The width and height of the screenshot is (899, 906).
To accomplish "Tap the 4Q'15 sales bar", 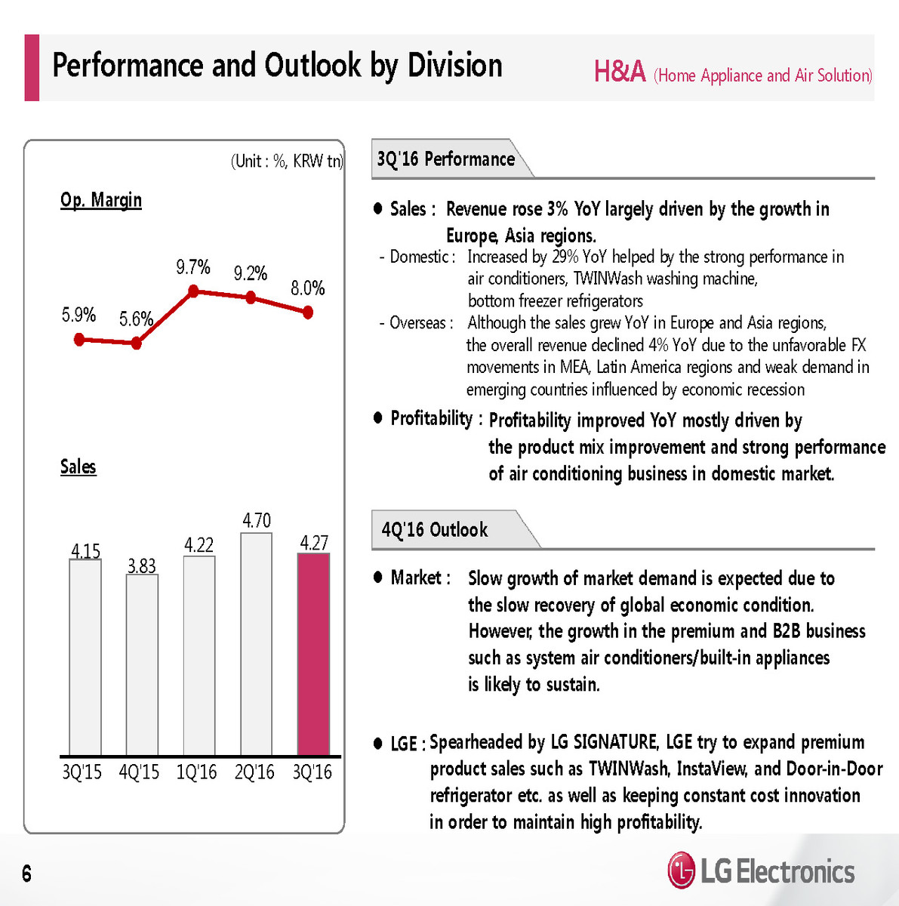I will pos(142,664).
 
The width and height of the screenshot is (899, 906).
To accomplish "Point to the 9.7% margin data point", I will pos(193,291).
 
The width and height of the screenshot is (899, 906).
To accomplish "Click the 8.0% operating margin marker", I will pos(308,313).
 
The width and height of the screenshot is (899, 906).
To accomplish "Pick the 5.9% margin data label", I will pos(79,315).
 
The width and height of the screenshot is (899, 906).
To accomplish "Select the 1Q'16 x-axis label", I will pos(196,772).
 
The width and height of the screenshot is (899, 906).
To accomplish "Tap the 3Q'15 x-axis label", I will pos(82,772).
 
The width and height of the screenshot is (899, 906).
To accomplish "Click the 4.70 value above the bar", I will pos(257,520).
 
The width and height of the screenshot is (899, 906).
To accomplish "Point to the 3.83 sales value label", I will pos(142,565).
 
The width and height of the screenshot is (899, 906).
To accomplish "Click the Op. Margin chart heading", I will pos(101,200).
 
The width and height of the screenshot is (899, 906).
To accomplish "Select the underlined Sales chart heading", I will pos(79,467).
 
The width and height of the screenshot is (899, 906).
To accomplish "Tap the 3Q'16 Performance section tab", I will pos(446,159).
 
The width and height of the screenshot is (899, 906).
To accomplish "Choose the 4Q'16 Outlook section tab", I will pos(436,529).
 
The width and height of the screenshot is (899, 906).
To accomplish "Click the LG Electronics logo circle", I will pos(681,871).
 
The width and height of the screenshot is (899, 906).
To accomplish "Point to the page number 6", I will pos(27,874).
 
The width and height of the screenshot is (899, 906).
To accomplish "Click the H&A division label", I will pos(620,72).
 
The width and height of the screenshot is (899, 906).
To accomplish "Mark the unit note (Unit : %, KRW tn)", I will pos(287,161).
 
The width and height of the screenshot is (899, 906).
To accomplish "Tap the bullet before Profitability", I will pos(378,418).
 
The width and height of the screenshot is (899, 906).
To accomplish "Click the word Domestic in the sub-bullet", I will pos(420,257).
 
